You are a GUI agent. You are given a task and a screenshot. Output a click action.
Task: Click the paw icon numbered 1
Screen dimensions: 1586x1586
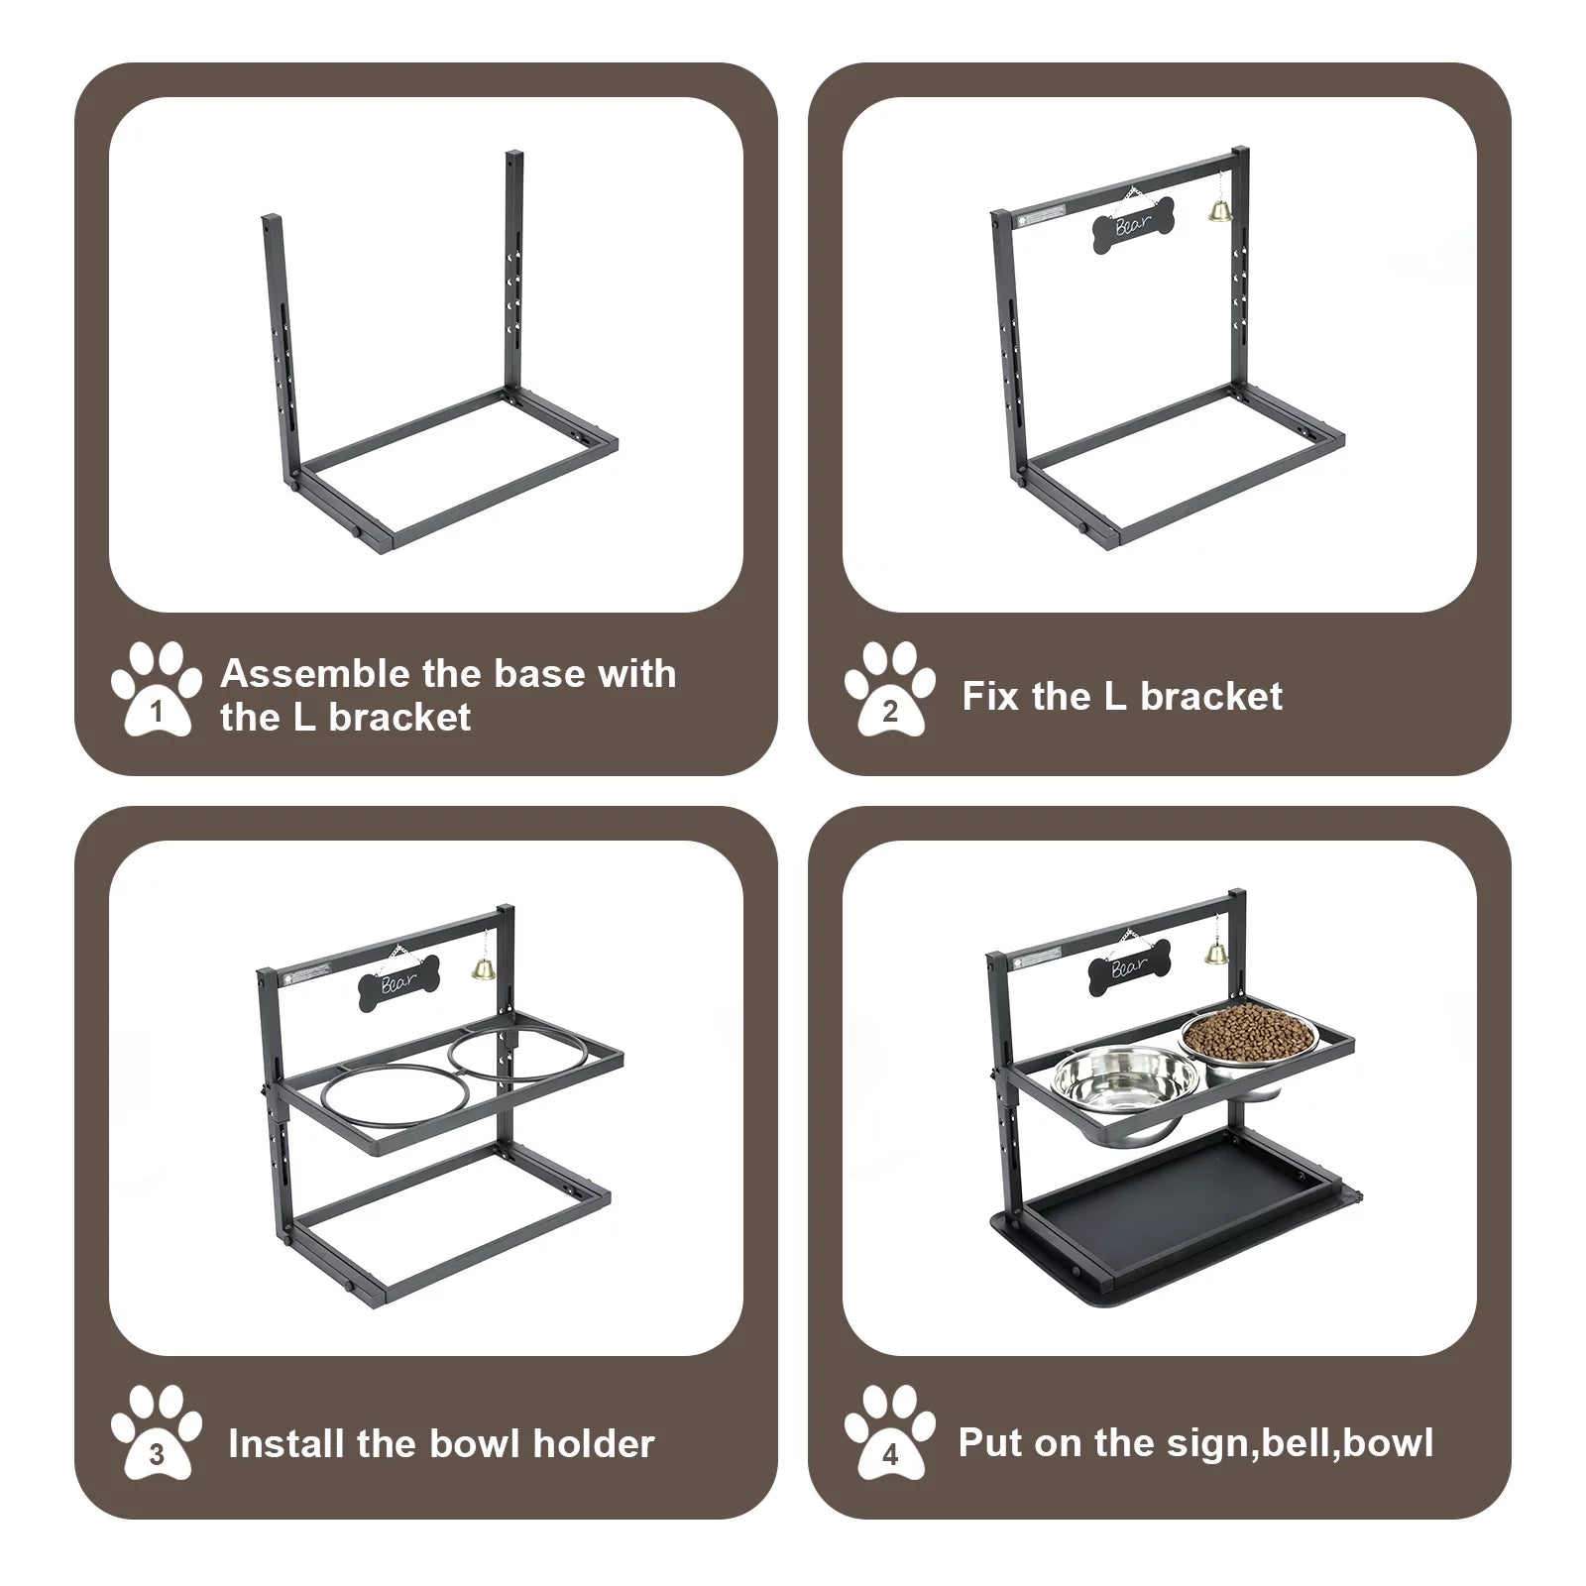(157, 691)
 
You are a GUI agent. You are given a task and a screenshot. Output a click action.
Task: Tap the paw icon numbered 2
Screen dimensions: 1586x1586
(889, 691)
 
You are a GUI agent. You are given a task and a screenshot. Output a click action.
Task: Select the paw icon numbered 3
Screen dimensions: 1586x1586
(157, 1434)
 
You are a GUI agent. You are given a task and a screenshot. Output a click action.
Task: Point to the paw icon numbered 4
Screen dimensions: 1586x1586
(889, 1434)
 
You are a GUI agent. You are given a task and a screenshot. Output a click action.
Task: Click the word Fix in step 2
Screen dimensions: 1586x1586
(990, 697)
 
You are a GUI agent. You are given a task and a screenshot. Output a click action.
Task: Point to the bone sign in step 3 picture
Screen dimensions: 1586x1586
(398, 983)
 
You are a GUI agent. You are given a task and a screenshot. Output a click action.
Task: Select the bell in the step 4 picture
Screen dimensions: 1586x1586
(1214, 953)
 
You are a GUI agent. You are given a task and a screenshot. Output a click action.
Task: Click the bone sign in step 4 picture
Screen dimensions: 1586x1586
(1130, 968)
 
